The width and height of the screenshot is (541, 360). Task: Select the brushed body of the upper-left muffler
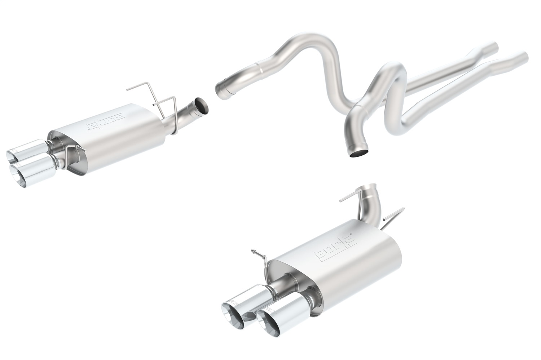[x=119, y=141]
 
